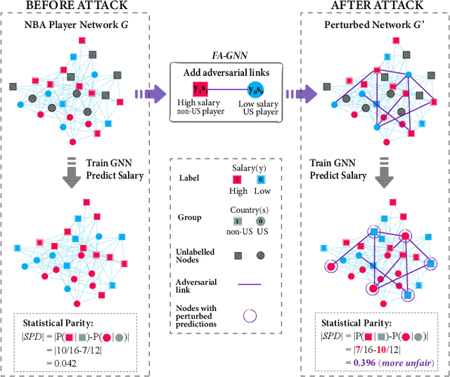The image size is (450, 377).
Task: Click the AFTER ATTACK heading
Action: point(372,6)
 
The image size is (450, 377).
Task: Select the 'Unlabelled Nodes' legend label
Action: point(192,256)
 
